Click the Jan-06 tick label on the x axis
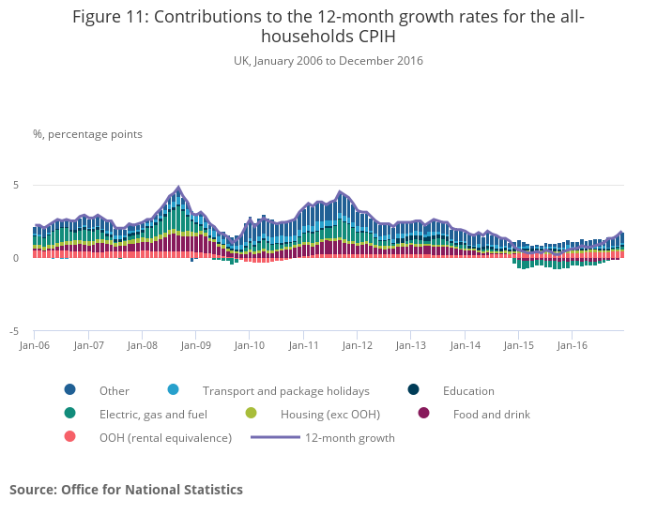tap(35, 345)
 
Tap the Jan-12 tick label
tap(358, 345)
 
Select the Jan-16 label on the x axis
tap(573, 345)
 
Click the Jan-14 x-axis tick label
tap(465, 345)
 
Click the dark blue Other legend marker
tap(70, 390)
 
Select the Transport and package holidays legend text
tap(286, 391)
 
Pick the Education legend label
tap(468, 391)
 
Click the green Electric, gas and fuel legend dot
tap(70, 414)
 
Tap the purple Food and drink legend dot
tap(423, 414)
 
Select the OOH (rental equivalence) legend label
tap(165, 438)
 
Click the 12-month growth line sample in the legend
tap(275, 437)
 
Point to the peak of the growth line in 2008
tap(178, 187)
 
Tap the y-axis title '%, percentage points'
tap(87, 134)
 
